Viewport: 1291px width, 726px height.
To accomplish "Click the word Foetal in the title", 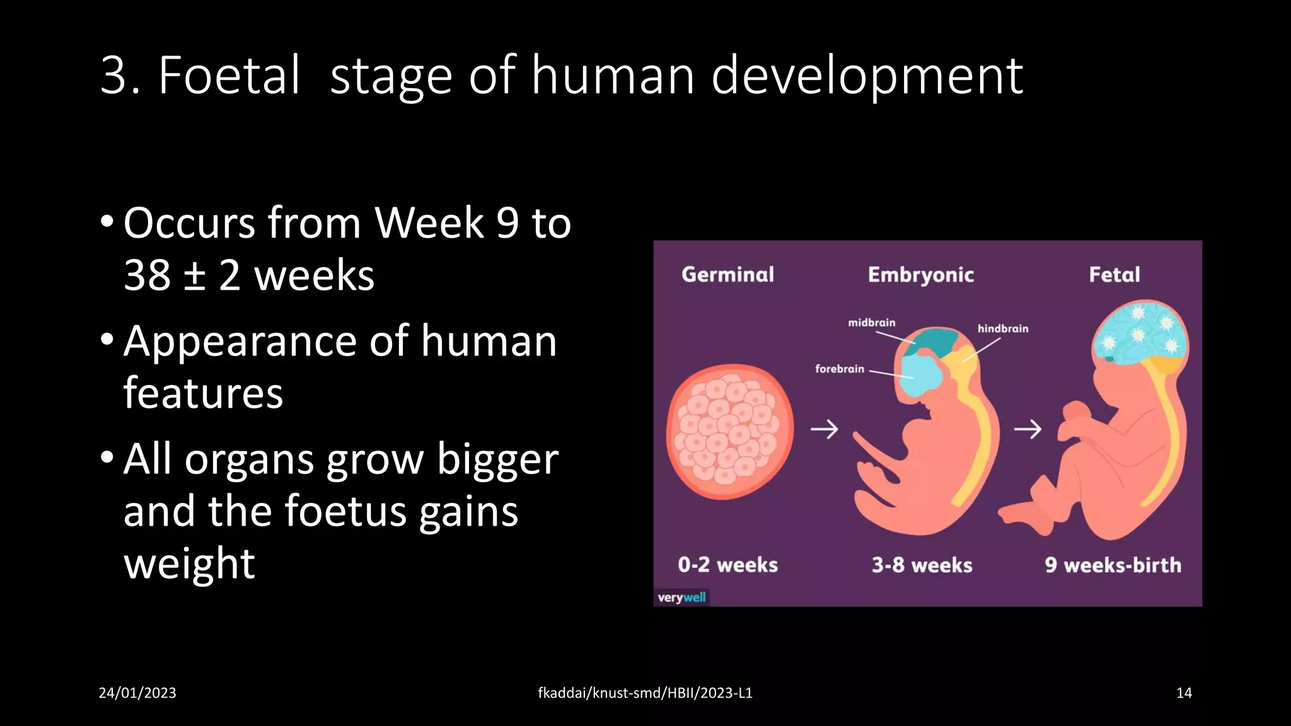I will pyautogui.click(x=229, y=76).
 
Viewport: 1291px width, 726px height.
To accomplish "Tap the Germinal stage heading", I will pyautogui.click(x=727, y=275).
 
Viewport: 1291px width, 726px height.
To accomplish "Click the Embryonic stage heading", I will pyautogui.click(x=920, y=275).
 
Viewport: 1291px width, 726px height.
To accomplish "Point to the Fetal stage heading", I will pyautogui.click(x=1114, y=275).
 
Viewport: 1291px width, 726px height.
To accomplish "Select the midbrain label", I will pyautogui.click(x=871, y=323).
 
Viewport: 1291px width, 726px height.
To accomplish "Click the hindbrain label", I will pyautogui.click(x=1002, y=328).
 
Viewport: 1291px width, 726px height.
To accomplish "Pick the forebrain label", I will pyautogui.click(x=839, y=369).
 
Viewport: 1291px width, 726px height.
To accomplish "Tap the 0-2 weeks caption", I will pyautogui.click(x=727, y=565).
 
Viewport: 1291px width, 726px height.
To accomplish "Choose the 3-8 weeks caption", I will pyautogui.click(x=922, y=565).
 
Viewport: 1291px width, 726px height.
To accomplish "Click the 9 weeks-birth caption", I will pyautogui.click(x=1113, y=565).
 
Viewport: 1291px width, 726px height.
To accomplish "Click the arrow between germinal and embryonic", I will pyautogui.click(x=824, y=429).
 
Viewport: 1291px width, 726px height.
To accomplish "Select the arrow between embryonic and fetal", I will pyautogui.click(x=1028, y=429).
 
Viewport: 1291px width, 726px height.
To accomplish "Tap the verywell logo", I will pyautogui.click(x=681, y=597).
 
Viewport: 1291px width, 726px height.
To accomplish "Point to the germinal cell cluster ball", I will pyautogui.click(x=729, y=431).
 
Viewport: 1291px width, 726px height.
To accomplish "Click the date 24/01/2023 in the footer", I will pyautogui.click(x=137, y=693).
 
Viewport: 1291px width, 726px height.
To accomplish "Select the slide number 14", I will pyautogui.click(x=1184, y=693).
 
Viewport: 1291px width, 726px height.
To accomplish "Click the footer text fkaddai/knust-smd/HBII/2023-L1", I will pyautogui.click(x=645, y=693).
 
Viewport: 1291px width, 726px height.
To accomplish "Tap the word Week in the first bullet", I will pyautogui.click(x=429, y=223).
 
